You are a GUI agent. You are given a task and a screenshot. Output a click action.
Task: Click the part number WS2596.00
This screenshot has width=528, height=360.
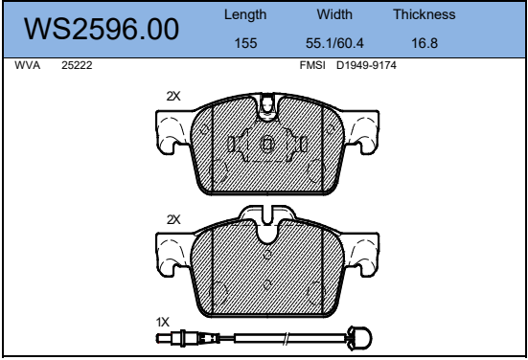pyautogui.click(x=102, y=29)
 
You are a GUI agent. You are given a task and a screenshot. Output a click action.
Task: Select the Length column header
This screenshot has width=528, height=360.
pyautogui.click(x=245, y=14)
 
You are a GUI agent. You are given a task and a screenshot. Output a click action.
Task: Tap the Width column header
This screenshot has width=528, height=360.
pyautogui.click(x=334, y=14)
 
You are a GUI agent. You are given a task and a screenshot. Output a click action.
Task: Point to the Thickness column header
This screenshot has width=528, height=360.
pyautogui.click(x=425, y=14)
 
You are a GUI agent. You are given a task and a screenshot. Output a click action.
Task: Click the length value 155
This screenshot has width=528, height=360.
pyautogui.click(x=245, y=43)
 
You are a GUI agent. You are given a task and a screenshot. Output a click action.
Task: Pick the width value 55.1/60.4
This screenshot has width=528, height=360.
pyautogui.click(x=334, y=43)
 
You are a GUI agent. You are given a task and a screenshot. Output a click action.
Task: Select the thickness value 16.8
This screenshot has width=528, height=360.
pyautogui.click(x=425, y=43)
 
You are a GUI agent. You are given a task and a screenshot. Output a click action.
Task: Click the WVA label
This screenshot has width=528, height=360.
pyautogui.click(x=27, y=65)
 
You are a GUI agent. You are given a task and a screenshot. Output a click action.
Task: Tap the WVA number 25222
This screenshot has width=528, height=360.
pyautogui.click(x=77, y=65)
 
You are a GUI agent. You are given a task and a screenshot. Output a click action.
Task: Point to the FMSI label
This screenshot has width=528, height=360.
pyautogui.click(x=312, y=65)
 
